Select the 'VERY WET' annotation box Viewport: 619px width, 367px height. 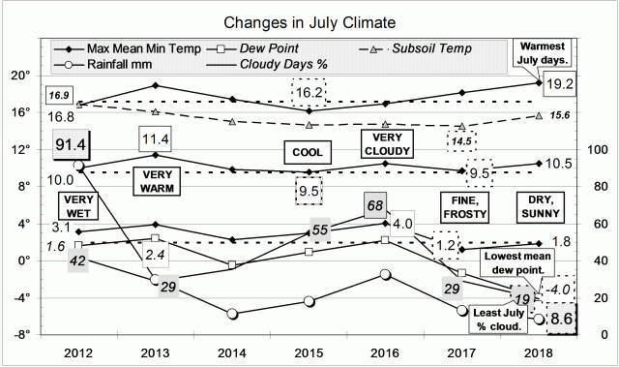(76, 206)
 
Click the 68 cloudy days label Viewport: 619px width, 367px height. (377, 204)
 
